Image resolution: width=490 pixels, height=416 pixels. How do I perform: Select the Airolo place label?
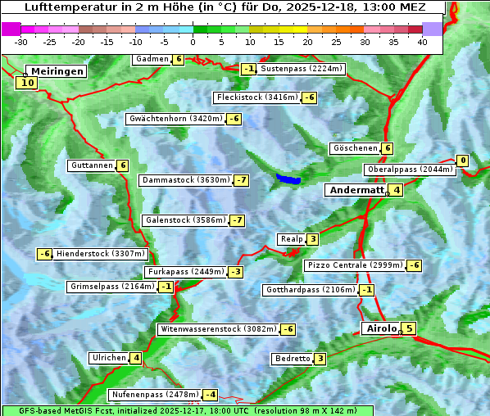(x=381, y=328)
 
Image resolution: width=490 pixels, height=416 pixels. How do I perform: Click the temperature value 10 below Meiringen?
(x=27, y=82)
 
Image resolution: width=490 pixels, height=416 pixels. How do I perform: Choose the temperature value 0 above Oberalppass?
(x=463, y=161)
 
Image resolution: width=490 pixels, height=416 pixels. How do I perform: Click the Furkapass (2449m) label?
(x=184, y=271)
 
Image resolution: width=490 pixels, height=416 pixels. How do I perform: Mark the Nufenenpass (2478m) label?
(x=155, y=394)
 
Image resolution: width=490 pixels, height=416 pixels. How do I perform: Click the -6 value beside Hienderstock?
(x=44, y=254)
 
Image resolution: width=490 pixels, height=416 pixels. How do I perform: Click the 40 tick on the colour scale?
(x=422, y=41)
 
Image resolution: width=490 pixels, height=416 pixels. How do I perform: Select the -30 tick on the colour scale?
(x=21, y=41)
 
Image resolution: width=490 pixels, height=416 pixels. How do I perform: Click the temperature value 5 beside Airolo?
(x=409, y=328)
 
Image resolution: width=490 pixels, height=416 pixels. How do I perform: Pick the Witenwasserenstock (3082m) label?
(x=217, y=329)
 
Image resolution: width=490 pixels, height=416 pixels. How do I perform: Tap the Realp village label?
(x=291, y=239)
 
